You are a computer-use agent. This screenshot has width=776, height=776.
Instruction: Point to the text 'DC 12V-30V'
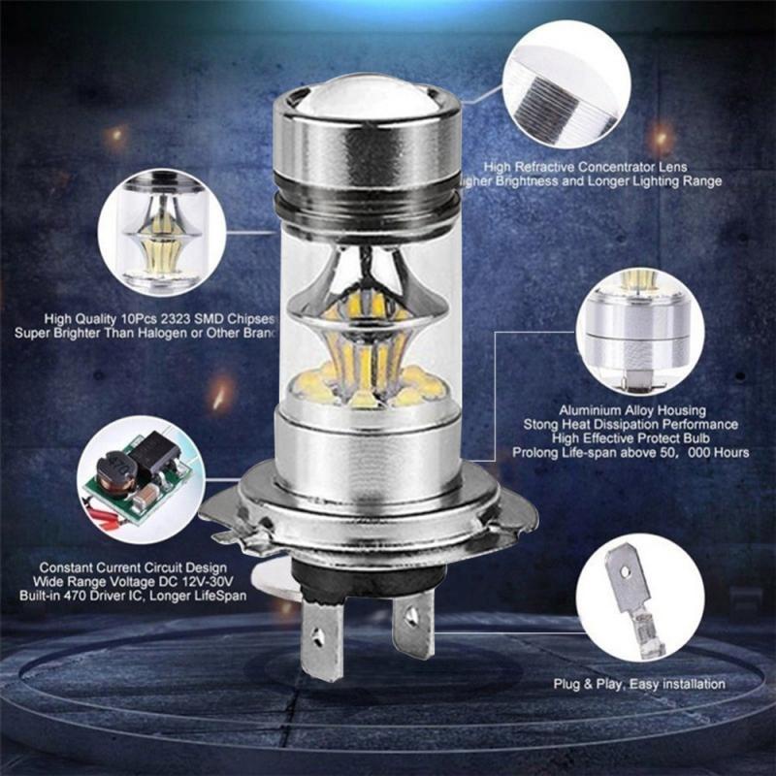tap(201, 581)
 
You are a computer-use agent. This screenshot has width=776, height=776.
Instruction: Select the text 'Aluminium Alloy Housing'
tap(632, 411)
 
